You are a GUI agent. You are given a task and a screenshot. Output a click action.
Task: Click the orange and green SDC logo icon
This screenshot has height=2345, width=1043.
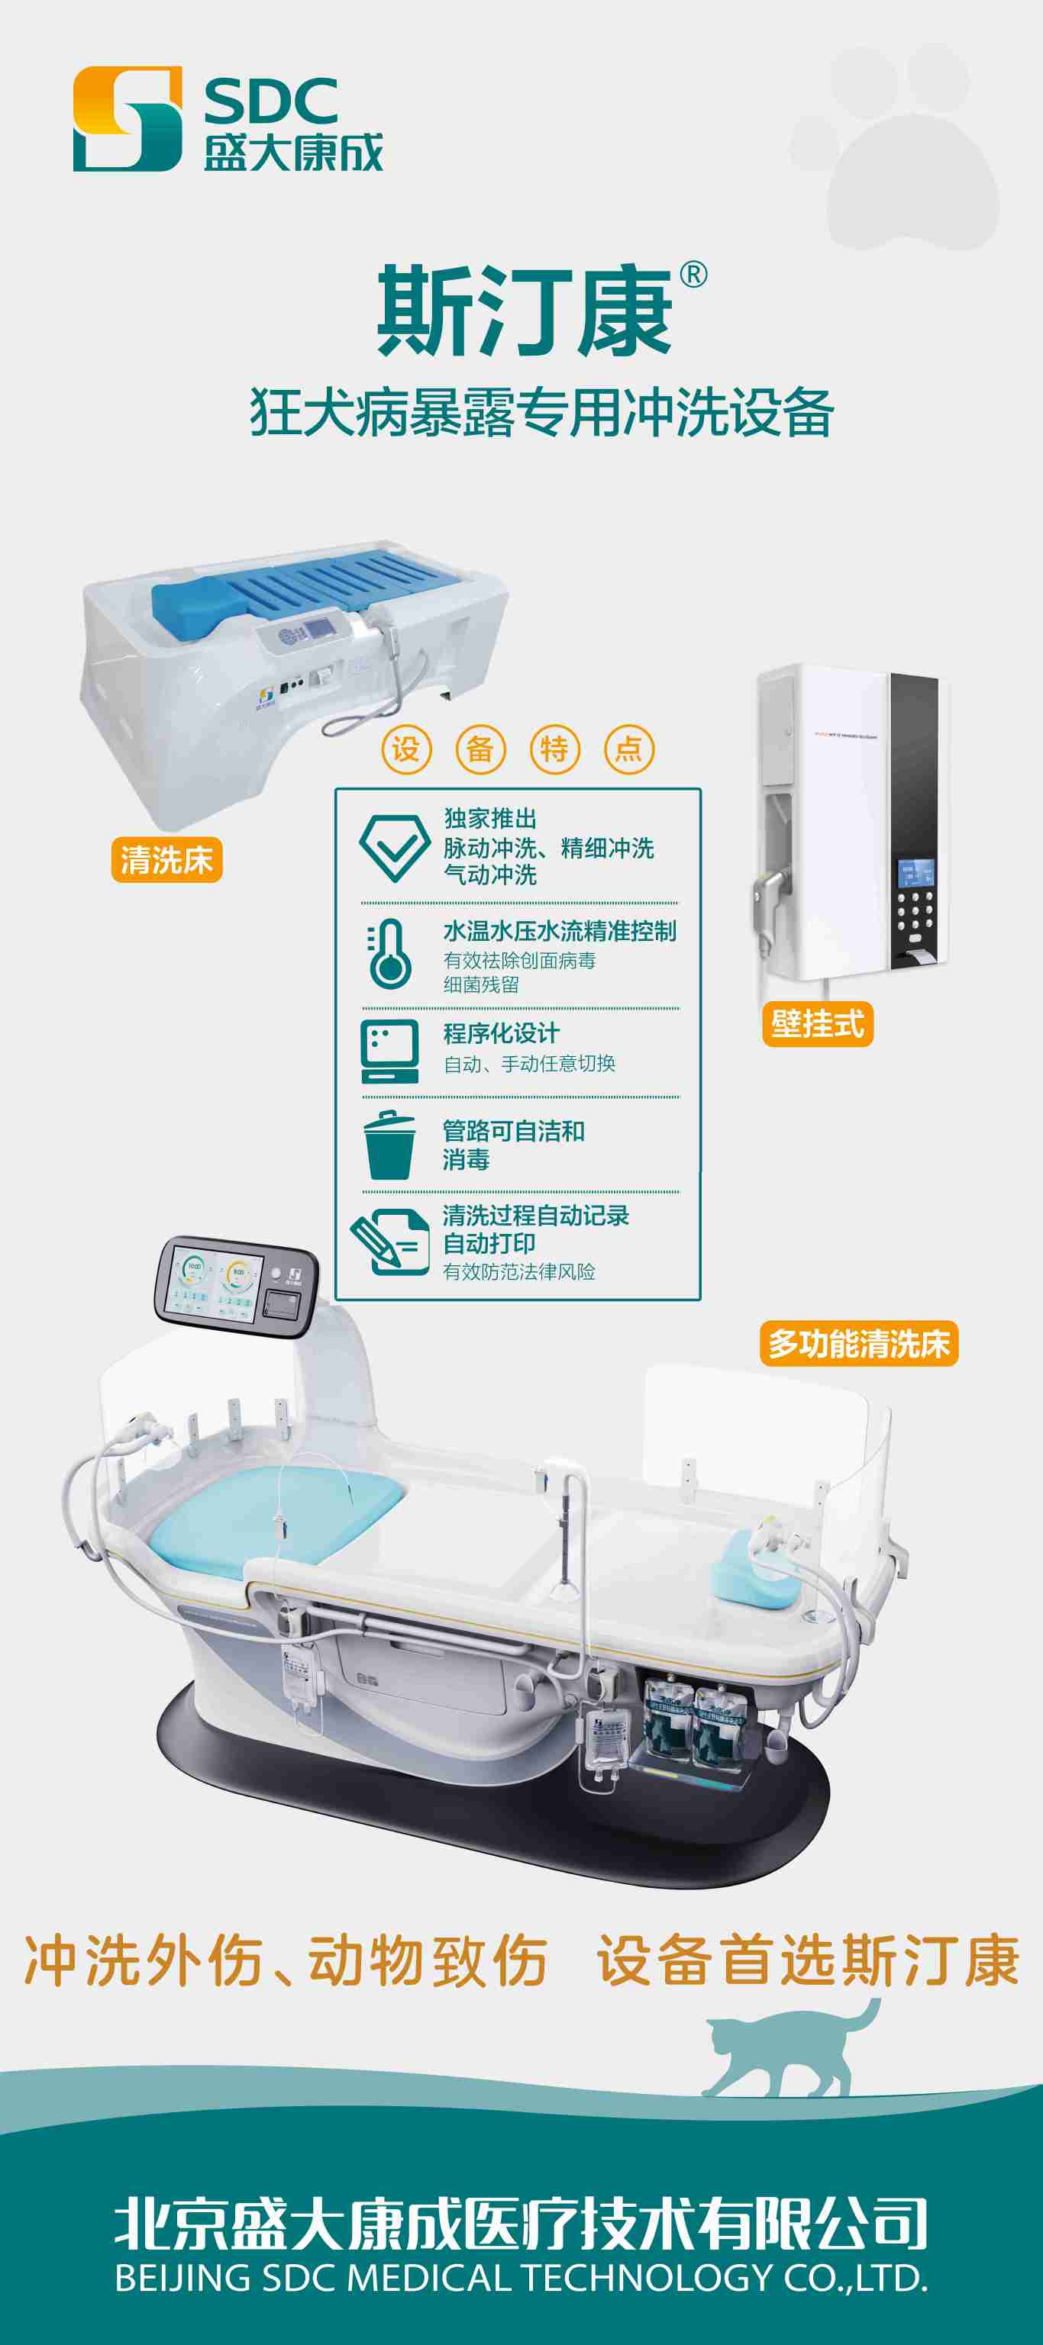(x=128, y=118)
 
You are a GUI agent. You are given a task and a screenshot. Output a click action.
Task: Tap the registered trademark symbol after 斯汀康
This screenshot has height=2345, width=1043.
(x=693, y=274)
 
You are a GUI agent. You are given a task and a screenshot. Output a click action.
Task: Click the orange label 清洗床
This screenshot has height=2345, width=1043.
(x=166, y=859)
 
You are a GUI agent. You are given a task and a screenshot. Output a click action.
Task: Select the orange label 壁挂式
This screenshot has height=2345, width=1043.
(x=817, y=1024)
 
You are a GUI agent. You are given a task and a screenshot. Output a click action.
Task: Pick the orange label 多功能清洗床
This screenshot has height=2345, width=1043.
(x=858, y=1344)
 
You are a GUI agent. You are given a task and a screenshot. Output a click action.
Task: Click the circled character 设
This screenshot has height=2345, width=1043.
(x=405, y=749)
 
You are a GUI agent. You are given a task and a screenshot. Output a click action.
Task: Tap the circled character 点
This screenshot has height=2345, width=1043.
(x=628, y=749)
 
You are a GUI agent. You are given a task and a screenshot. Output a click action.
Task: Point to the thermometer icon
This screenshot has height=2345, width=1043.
(x=388, y=954)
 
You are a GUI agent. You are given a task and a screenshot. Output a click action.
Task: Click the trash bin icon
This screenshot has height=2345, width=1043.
(x=389, y=1145)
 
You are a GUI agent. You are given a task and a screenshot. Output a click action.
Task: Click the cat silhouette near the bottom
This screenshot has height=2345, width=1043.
(x=788, y=2049)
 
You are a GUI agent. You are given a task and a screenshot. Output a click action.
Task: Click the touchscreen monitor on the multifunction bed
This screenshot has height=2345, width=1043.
(x=235, y=1284)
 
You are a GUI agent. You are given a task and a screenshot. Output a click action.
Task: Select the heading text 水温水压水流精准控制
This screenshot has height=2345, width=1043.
(x=560, y=931)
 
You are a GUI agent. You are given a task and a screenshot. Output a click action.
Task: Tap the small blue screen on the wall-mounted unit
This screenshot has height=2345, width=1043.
(x=915, y=873)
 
